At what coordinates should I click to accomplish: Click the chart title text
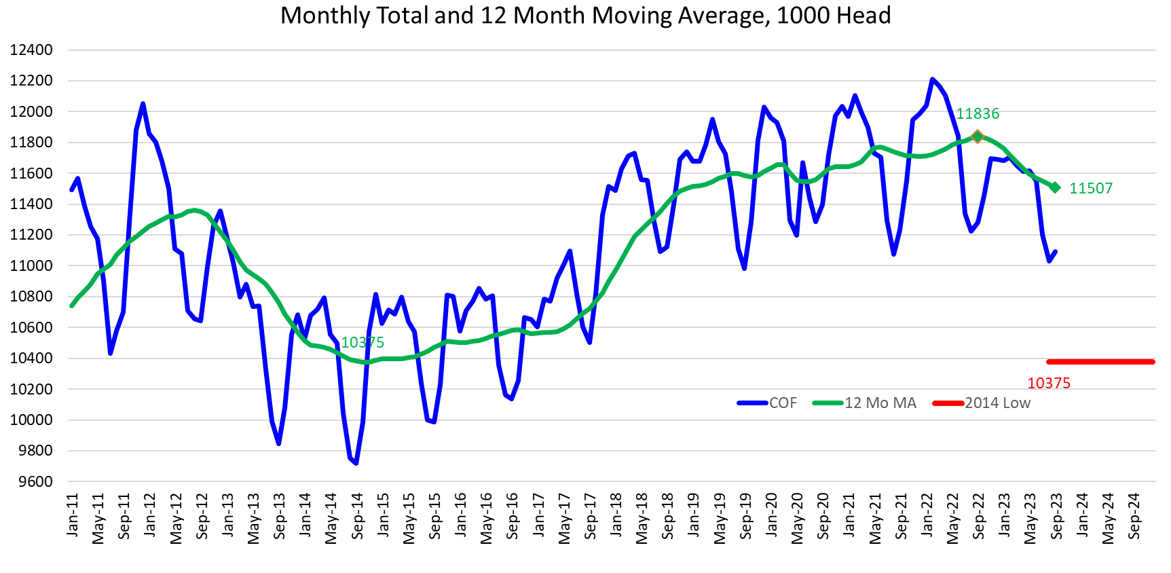[x=585, y=15]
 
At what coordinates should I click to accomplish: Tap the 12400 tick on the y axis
[x=31, y=50]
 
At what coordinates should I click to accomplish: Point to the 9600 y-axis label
[x=31, y=482]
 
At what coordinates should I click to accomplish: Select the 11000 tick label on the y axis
[x=31, y=266]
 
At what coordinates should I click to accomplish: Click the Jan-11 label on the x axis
[x=73, y=516]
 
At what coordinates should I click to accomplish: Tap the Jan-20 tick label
[x=772, y=516]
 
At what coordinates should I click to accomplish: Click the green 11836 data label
[x=978, y=114]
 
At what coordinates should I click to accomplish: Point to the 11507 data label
[x=1091, y=189]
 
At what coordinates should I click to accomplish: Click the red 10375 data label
[x=1048, y=384]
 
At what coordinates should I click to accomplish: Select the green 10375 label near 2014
[x=363, y=343]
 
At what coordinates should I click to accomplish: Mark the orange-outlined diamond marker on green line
[x=978, y=136]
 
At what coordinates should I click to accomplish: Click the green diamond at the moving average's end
[x=1055, y=187]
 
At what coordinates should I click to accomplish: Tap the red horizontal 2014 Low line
[x=1100, y=362]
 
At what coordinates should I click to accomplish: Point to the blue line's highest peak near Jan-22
[x=932, y=79]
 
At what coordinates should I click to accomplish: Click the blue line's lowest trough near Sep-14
[x=356, y=463]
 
